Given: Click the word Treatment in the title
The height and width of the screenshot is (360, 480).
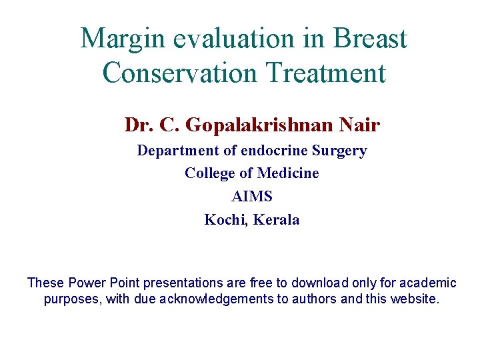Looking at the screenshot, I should tap(331, 73).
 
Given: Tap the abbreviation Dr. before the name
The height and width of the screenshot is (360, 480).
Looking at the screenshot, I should tap(138, 125).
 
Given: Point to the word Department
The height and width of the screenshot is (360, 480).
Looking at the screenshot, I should tap(176, 151).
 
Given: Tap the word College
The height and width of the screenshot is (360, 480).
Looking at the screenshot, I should tap(209, 173).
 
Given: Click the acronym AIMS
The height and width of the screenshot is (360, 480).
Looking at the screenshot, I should tap(251, 197).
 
